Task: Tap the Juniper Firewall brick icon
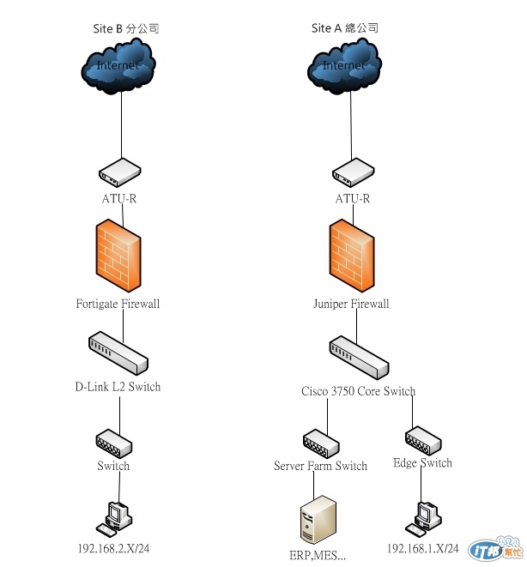coord(350,256)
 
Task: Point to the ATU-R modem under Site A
coord(352,173)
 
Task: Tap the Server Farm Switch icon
coord(322,443)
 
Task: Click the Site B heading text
coord(126,28)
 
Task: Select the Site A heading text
coord(345,28)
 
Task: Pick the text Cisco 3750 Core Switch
coord(358,392)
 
